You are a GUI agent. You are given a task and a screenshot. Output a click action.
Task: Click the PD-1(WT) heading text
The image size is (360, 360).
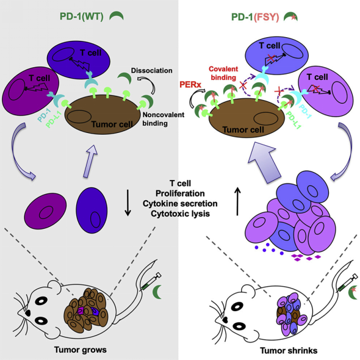(x=82, y=16)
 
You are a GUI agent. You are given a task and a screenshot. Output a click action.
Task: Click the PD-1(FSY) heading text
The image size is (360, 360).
(x=255, y=17)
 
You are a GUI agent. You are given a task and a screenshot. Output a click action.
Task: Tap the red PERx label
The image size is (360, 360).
(x=190, y=85)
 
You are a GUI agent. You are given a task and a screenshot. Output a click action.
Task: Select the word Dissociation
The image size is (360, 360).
(x=151, y=71)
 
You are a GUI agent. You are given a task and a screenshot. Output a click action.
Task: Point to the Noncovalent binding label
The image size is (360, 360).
(x=164, y=119)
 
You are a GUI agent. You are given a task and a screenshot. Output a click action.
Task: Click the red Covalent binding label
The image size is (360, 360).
(x=223, y=73)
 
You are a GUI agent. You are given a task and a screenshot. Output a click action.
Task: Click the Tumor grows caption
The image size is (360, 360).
(x=81, y=350)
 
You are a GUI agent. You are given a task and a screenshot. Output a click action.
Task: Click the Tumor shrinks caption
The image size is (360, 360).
(x=289, y=351)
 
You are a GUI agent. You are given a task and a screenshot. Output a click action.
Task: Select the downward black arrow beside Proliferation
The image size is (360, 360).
(x=128, y=203)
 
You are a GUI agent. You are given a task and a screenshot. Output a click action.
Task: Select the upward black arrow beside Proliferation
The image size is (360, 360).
(x=237, y=201)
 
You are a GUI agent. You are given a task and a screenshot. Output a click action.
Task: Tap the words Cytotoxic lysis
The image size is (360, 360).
(x=180, y=214)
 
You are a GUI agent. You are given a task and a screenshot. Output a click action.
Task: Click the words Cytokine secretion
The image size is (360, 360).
(x=180, y=204)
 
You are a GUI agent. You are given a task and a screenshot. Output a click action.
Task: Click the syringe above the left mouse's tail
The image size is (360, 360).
(x=151, y=281)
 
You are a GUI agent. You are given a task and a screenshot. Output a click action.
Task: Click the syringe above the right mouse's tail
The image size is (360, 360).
(x=348, y=283)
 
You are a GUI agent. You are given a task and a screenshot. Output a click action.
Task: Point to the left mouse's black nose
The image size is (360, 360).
(x=28, y=312)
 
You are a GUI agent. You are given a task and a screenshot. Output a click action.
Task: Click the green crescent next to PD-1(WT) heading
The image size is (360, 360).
(x=117, y=16)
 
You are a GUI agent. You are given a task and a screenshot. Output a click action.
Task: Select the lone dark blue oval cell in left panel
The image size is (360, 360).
(x=92, y=211)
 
